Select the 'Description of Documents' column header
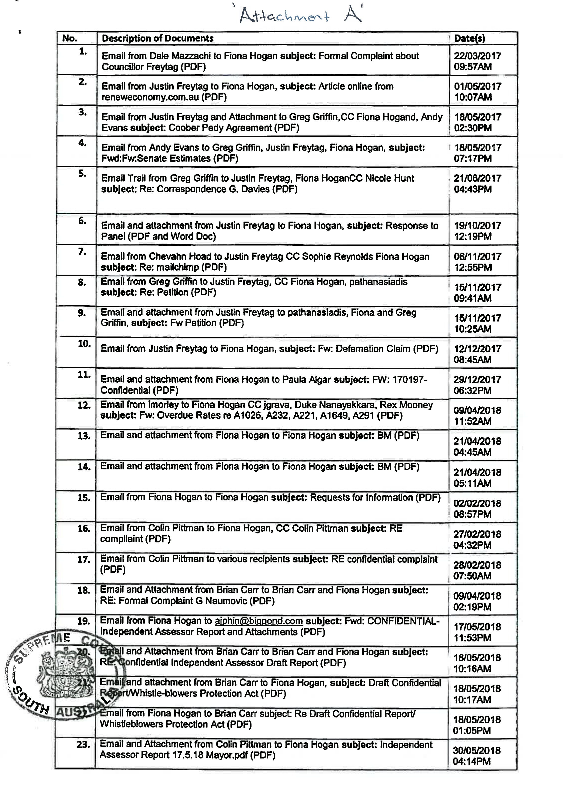157,38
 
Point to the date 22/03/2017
477,56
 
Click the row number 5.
82,174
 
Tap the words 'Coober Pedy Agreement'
220,128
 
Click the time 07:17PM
472,159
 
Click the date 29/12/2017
477,380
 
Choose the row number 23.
83,745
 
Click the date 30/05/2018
476,750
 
